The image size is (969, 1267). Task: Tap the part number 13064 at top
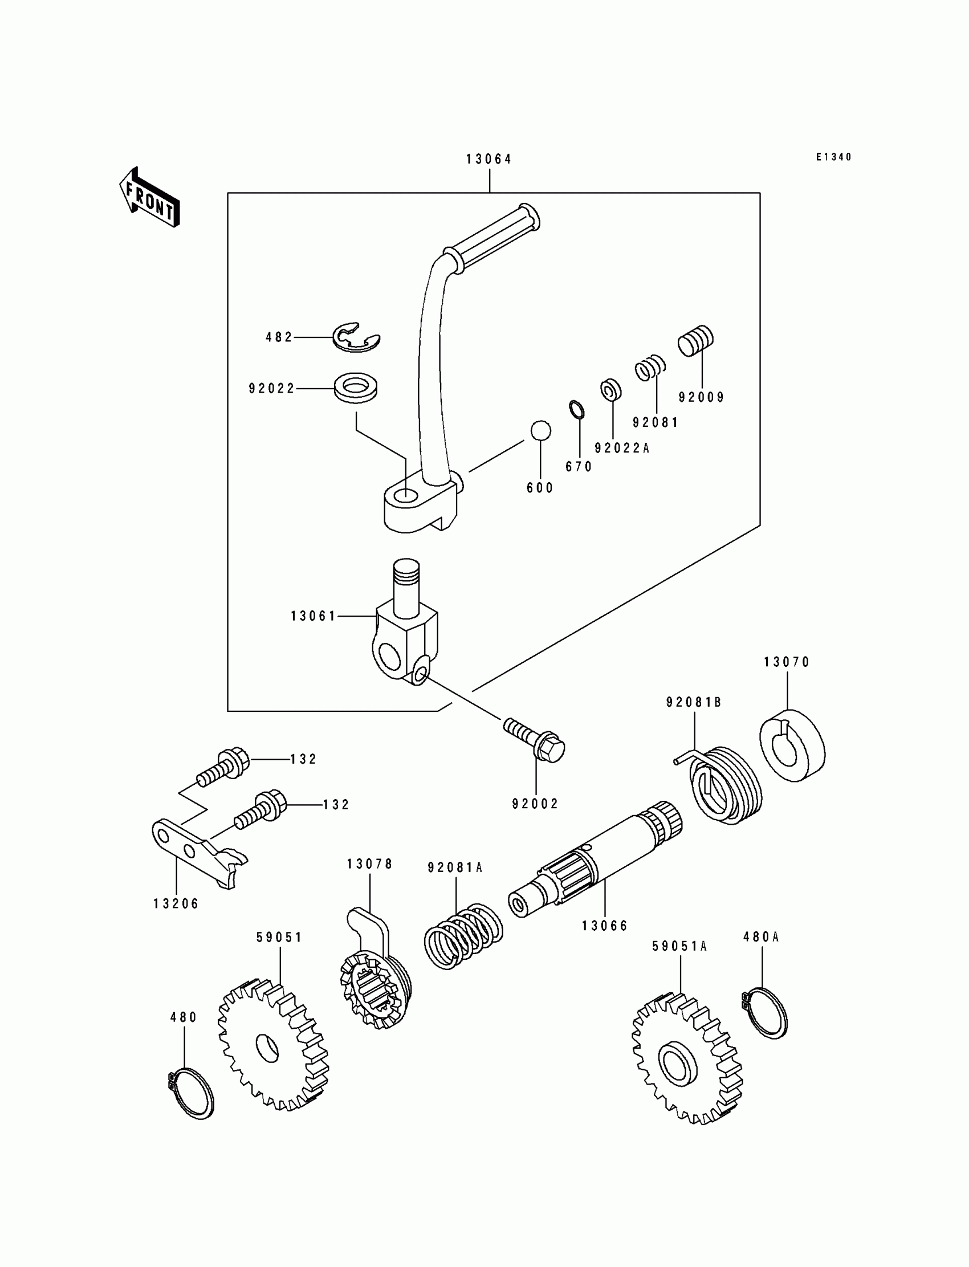coord(489,159)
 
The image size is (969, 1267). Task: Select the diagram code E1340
coord(833,157)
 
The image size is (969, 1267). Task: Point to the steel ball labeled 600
coord(540,430)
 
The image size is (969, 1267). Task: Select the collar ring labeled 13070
coord(791,745)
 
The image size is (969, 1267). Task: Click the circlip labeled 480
coord(191,1093)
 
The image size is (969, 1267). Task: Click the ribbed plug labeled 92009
coord(695,341)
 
